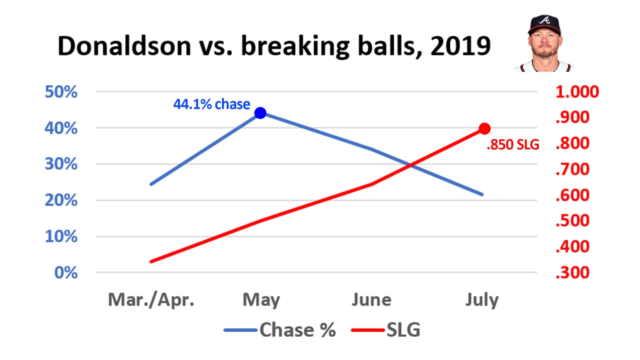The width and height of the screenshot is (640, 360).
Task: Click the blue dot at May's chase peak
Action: tap(260, 113)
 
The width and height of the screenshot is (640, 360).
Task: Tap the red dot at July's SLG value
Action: tap(484, 129)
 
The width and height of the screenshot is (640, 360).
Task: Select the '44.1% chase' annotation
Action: tap(212, 104)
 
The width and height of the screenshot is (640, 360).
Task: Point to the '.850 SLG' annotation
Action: tap(513, 145)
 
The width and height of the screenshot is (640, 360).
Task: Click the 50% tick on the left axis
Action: tap(61, 92)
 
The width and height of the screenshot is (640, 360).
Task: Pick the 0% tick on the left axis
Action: tap(66, 272)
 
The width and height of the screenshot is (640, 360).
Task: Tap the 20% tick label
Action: tap(61, 200)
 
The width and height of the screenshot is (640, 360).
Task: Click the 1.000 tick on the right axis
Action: tap(577, 92)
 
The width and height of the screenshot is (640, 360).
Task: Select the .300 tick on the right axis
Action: tap(572, 272)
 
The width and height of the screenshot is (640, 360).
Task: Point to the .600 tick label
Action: tap(572, 195)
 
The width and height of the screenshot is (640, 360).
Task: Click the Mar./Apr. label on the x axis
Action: tap(151, 300)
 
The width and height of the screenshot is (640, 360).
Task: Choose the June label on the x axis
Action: tap(371, 300)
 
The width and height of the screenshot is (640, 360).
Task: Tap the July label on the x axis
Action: tap(482, 300)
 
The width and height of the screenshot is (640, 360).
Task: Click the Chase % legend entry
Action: tap(297, 330)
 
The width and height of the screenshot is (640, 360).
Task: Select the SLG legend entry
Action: tap(403, 330)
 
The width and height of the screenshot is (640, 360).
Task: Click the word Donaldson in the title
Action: tap(124, 46)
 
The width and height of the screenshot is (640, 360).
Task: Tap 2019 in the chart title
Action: tap(460, 46)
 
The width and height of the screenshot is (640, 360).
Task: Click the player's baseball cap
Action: tap(544, 24)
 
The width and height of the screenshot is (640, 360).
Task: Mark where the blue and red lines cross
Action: tap(412, 166)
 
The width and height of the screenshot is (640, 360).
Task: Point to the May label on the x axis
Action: tap(261, 300)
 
